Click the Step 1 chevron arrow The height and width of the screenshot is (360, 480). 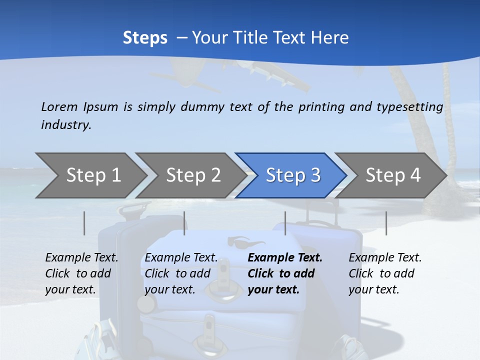point(92,175)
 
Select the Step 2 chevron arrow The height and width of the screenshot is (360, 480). point(192,175)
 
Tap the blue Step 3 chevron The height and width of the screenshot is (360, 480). point(292,175)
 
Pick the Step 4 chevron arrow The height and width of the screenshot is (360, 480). point(392,175)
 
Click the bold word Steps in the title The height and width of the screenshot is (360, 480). point(145,37)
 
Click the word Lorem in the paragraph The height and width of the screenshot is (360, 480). point(59,106)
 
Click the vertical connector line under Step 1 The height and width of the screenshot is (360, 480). point(84,223)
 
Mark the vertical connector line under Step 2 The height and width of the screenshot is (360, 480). point(184,223)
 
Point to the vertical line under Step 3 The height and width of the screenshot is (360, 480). point(285,223)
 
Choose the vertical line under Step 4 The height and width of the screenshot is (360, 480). point(386,223)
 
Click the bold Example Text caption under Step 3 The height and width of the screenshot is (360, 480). point(285,273)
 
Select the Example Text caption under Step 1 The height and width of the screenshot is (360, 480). point(81,273)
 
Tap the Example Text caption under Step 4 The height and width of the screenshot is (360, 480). point(385,273)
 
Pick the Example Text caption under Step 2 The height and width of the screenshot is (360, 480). point(181,273)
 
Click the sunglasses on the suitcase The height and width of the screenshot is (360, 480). point(246,242)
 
